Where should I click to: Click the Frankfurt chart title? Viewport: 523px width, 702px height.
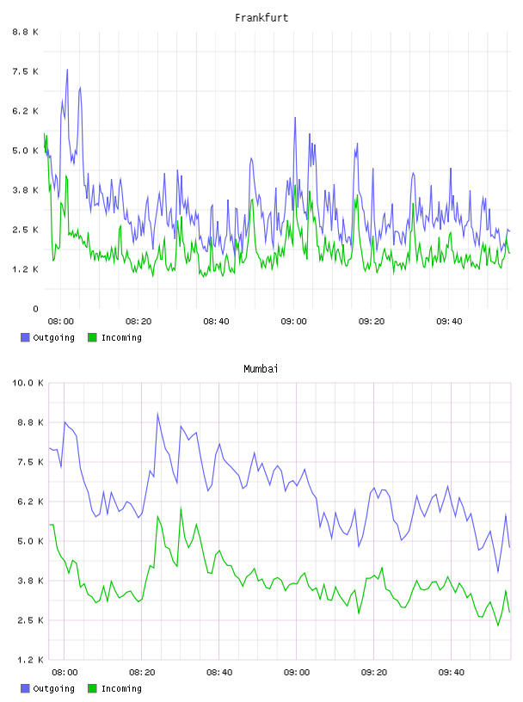pyautogui.click(x=261, y=18)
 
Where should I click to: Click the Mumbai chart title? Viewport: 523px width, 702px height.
pyautogui.click(x=261, y=369)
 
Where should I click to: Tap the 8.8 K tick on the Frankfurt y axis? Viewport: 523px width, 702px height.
pyautogui.click(x=25, y=32)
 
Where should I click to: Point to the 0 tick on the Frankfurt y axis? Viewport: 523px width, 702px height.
pyautogui.click(x=35, y=309)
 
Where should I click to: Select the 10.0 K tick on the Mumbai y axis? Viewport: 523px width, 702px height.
pyautogui.click(x=28, y=383)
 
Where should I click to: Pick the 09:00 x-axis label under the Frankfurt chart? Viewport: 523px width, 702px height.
pyautogui.click(x=293, y=322)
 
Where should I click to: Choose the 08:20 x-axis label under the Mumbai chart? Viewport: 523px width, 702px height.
pyautogui.click(x=142, y=673)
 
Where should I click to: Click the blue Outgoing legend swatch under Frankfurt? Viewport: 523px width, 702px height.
pyautogui.click(x=25, y=337)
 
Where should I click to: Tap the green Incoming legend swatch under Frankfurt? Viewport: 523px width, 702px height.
pyautogui.click(x=92, y=337)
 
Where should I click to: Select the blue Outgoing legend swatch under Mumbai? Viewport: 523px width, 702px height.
pyautogui.click(x=25, y=688)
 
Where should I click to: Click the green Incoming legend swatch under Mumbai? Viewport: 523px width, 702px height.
pyautogui.click(x=92, y=688)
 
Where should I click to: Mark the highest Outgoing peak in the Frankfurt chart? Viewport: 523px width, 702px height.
pyautogui.click(x=67, y=70)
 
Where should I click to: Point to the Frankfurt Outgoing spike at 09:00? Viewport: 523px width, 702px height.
pyautogui.click(x=295, y=118)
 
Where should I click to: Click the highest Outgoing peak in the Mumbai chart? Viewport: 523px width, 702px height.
pyautogui.click(x=157, y=414)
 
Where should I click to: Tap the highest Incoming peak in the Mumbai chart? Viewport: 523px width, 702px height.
pyautogui.click(x=181, y=508)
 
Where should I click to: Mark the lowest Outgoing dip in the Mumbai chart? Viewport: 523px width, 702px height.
pyautogui.click(x=498, y=572)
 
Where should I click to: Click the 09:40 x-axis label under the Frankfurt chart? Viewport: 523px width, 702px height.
pyautogui.click(x=449, y=322)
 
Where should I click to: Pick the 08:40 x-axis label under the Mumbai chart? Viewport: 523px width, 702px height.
pyautogui.click(x=219, y=673)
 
